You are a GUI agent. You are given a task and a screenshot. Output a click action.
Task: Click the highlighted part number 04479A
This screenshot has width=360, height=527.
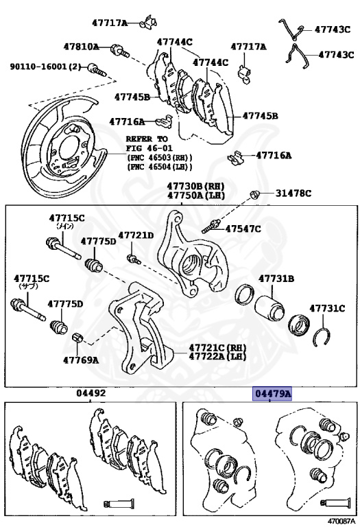tap(272, 393)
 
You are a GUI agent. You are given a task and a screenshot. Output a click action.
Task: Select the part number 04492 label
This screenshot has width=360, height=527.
tap(91, 393)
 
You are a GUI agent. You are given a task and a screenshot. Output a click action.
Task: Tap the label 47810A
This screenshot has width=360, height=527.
tap(82, 47)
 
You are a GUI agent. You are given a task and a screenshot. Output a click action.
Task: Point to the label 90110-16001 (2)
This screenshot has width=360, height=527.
tap(46, 67)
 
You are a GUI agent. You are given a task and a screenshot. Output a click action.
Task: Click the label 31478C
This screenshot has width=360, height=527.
tap(293, 194)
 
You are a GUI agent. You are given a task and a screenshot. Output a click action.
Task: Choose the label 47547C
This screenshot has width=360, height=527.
tap(243, 229)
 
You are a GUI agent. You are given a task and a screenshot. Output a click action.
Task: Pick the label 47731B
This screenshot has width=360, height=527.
tap(276, 279)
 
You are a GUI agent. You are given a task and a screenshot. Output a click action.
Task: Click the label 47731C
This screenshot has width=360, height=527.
tap(327, 308)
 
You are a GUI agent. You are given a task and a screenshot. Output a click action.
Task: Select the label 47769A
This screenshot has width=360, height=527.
tap(81, 360)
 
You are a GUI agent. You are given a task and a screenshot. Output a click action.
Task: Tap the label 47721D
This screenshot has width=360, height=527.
tap(136, 235)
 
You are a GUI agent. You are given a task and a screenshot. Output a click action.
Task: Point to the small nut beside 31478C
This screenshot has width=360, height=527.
tap(254, 194)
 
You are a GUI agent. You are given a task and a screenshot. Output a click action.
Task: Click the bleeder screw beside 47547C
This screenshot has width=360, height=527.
tap(211, 226)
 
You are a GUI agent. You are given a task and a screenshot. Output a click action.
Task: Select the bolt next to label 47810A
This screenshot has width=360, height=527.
tap(119, 51)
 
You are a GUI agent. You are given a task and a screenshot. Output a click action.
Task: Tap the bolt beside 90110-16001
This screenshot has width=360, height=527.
tap(97, 69)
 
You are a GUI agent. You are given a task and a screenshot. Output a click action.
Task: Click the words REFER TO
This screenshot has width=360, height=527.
tap(147, 139)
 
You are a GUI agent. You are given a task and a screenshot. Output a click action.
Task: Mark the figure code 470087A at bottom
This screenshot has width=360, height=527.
tap(341, 522)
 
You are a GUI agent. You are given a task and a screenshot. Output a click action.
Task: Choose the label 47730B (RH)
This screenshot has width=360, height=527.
tap(196, 186)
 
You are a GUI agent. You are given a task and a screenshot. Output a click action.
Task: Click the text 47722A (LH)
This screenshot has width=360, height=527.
tap(217, 356)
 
